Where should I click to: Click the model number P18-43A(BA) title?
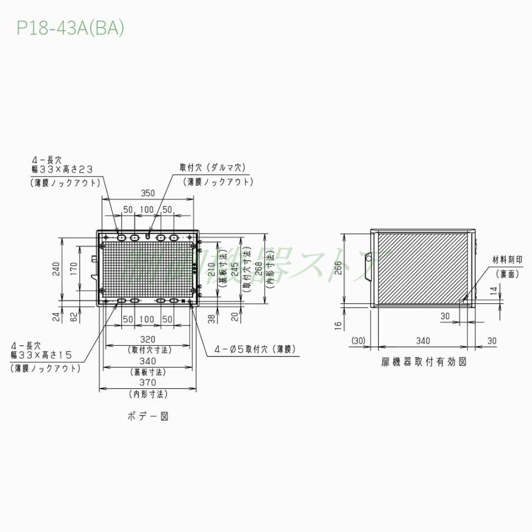(70, 29)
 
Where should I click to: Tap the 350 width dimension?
(148, 193)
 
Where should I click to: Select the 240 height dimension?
(56, 269)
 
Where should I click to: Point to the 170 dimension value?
(73, 269)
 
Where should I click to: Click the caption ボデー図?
(148, 416)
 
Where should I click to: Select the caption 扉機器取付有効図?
(423, 362)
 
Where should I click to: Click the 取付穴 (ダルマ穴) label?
(212, 168)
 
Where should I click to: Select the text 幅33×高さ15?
(41, 355)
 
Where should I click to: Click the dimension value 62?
(73, 317)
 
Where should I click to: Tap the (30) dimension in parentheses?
(358, 340)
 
